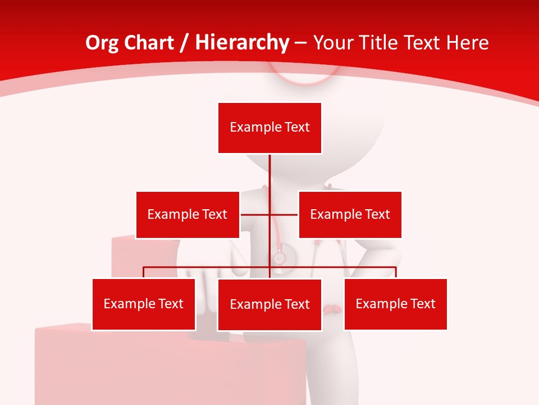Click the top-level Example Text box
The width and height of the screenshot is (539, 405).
pos(269,128)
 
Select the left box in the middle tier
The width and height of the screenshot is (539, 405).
pos(188,214)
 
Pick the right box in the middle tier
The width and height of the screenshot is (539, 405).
pos(350,214)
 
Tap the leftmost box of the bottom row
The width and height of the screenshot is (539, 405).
pos(144,304)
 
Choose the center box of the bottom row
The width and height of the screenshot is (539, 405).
pos(269,304)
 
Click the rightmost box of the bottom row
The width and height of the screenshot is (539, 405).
pos(396,304)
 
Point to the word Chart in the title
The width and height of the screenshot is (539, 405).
pos(149,43)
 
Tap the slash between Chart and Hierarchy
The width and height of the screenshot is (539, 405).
pos(184,43)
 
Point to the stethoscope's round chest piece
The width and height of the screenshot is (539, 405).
pos(279,258)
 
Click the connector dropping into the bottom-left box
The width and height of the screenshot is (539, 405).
pos(144,272)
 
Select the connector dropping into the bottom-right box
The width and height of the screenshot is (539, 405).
pos(396,272)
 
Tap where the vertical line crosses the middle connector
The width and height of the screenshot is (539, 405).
pos(269,214)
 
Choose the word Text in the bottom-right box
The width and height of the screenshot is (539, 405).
pos(422,304)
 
